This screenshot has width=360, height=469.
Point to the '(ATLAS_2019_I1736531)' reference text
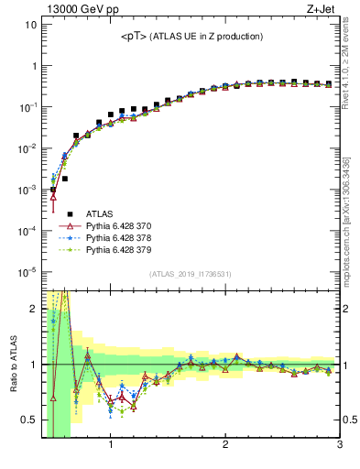click(x=191, y=274)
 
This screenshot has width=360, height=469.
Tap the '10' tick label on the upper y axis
click(x=30, y=26)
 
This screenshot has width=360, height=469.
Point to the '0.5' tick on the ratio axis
click(x=27, y=420)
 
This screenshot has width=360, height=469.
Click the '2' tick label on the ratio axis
click(x=33, y=309)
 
